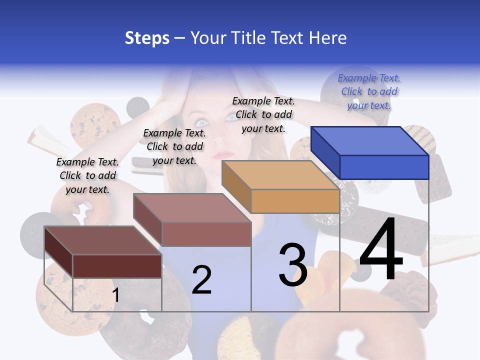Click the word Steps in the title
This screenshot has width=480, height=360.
(147, 38)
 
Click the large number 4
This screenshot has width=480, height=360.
(381, 250)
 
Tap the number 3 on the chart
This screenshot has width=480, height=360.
(293, 265)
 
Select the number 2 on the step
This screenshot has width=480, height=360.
(201, 279)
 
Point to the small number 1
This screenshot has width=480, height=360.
(116, 295)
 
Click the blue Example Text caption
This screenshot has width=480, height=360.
(369, 91)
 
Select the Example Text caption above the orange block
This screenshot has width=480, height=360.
(263, 114)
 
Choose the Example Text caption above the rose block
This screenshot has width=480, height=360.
(174, 146)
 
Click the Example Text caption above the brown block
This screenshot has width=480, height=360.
(87, 175)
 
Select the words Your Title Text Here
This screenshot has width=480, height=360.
(268, 38)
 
